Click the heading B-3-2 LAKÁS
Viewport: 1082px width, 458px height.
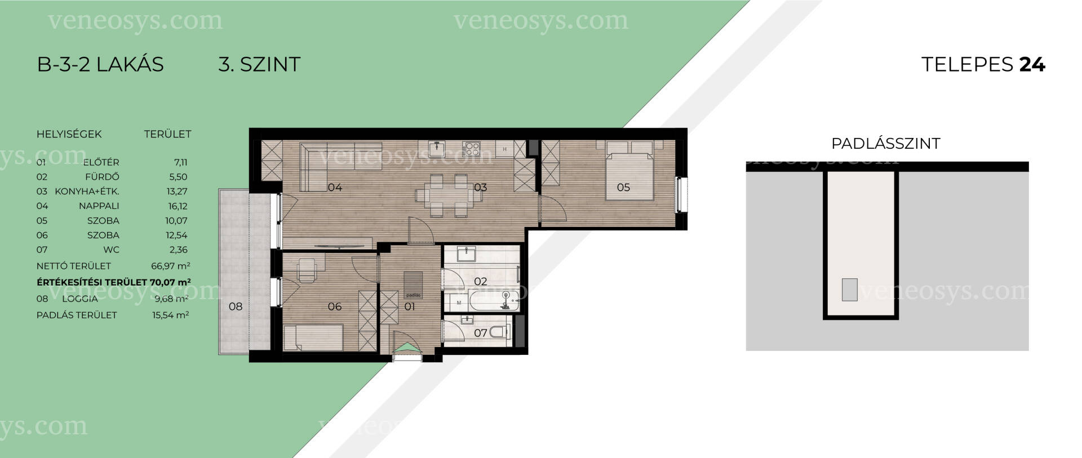pos(100,64)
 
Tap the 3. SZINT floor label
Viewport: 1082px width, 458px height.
pos(259,64)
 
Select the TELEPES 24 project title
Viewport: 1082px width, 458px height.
pos(983,64)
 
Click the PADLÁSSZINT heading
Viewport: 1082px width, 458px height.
pos(886,144)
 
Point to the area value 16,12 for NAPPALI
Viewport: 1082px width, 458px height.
pos(178,206)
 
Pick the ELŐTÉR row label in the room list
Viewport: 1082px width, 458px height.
pos(101,162)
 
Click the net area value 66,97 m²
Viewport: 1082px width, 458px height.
pos(171,266)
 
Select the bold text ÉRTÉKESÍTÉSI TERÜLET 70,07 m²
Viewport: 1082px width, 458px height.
pos(114,282)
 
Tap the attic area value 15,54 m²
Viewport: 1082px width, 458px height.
pos(171,315)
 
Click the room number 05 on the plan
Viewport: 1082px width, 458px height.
pos(623,188)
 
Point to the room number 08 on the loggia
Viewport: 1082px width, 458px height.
pos(236,306)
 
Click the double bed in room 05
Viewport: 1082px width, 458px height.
pos(630,170)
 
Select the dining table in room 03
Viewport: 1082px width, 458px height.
pos(445,195)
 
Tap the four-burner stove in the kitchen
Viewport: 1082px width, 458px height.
pos(471,149)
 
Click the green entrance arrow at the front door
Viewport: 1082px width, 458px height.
pos(407,348)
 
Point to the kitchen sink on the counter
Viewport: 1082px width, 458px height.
pos(437,149)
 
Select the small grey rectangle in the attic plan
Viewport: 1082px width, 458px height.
pos(850,290)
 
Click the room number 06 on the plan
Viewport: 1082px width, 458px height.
pos(335,306)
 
